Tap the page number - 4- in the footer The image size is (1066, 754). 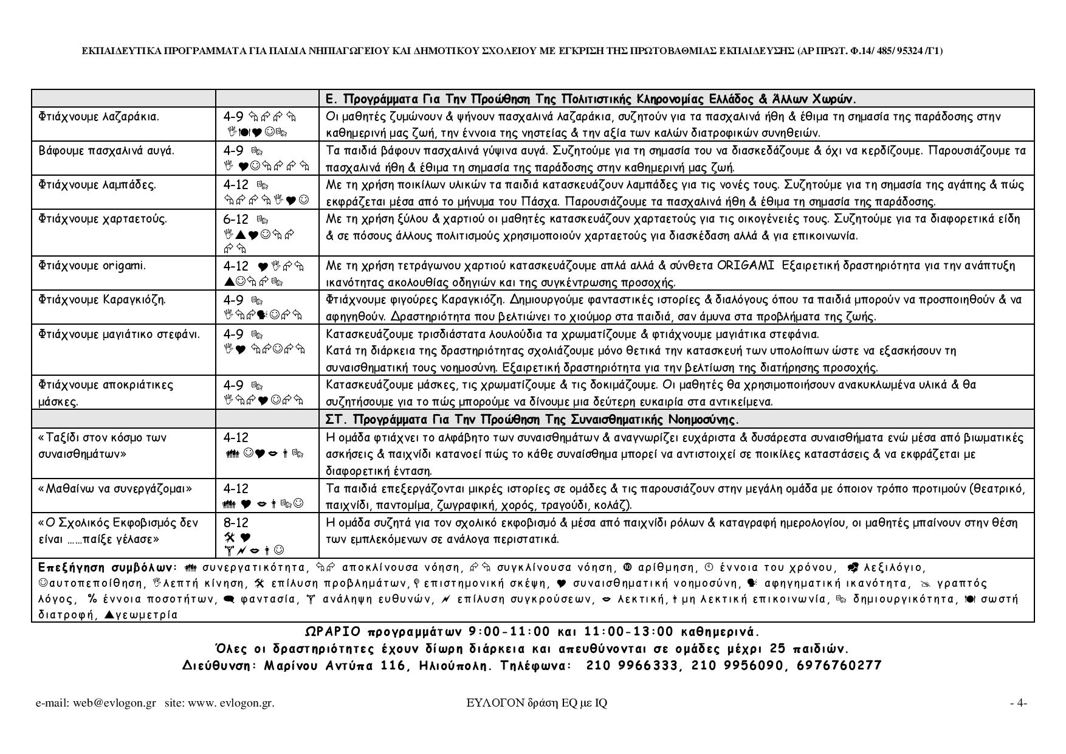1019,703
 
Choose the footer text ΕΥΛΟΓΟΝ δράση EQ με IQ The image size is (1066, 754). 537,703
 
